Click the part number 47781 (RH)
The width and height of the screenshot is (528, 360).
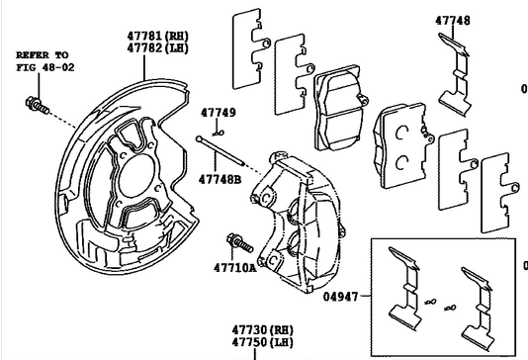pos(157,36)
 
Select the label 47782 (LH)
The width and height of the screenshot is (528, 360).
pos(157,48)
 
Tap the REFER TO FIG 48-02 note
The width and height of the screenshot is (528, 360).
pos(45,61)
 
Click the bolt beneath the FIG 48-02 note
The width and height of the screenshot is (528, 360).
pos(38,106)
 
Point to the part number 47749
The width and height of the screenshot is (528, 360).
pos(219,113)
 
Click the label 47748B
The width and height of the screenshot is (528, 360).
pos(220,179)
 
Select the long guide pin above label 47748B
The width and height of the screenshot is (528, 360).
pos(220,150)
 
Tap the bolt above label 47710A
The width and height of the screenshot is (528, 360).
pos(239,243)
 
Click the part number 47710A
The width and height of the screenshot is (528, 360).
pos(234,268)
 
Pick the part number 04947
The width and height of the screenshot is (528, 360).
pos(340,297)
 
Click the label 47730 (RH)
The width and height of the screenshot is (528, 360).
pos(263,329)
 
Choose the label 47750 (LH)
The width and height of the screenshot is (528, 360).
pos(263,342)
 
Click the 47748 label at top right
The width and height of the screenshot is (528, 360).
pos(452,21)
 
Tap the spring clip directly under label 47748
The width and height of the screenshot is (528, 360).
pos(455,75)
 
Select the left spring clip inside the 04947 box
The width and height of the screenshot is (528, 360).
pos(404,289)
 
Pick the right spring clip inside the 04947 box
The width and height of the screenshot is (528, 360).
pos(478,309)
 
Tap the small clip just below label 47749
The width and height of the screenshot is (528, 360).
pos(220,134)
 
